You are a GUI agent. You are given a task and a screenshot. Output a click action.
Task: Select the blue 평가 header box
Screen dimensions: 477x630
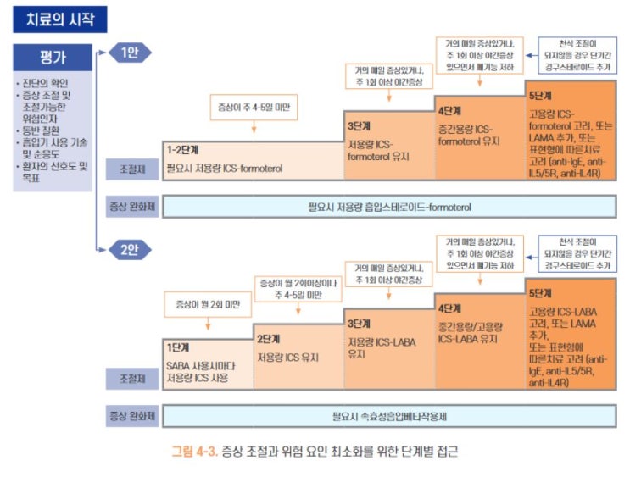coord(53,58)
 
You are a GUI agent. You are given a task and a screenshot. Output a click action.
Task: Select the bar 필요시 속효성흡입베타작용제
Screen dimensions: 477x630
coord(389,416)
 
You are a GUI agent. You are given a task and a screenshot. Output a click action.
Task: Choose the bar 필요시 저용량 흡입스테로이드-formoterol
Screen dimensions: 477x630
coord(389,205)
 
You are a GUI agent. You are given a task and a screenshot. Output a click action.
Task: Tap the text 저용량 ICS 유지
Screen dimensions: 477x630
coord(288,357)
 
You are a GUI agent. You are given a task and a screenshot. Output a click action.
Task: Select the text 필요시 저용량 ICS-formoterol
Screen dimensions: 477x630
coord(224,168)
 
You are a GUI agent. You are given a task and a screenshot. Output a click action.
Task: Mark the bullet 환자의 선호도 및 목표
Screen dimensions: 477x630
coord(53,172)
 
